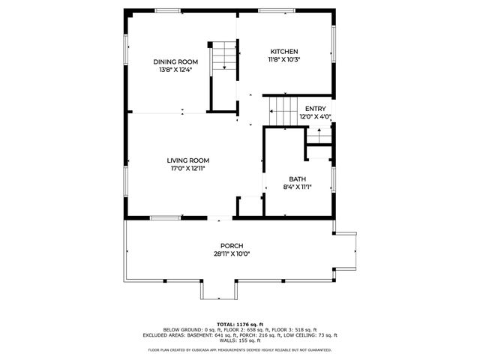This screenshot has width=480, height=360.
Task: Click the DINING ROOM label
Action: (x=176, y=61)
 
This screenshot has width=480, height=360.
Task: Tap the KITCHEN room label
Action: (x=284, y=50)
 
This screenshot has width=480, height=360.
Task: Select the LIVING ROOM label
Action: (x=187, y=160)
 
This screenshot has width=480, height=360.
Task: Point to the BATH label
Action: (x=298, y=179)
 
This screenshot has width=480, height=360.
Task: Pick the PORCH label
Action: (x=231, y=246)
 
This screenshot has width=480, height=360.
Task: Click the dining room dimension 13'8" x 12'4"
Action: (x=176, y=70)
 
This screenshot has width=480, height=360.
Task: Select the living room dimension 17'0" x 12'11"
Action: (x=187, y=169)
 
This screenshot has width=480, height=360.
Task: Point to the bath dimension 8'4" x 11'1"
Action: (x=298, y=187)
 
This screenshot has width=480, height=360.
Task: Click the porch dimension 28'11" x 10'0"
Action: (x=231, y=254)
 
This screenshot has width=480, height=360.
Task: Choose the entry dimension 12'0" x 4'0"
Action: (x=315, y=117)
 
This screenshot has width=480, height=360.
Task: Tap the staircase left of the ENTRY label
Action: (x=283, y=111)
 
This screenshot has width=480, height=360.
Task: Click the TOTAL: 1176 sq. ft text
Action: (x=240, y=323)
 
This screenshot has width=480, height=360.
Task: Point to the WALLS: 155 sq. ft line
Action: (x=240, y=340)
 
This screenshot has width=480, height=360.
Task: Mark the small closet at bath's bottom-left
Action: (x=248, y=206)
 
